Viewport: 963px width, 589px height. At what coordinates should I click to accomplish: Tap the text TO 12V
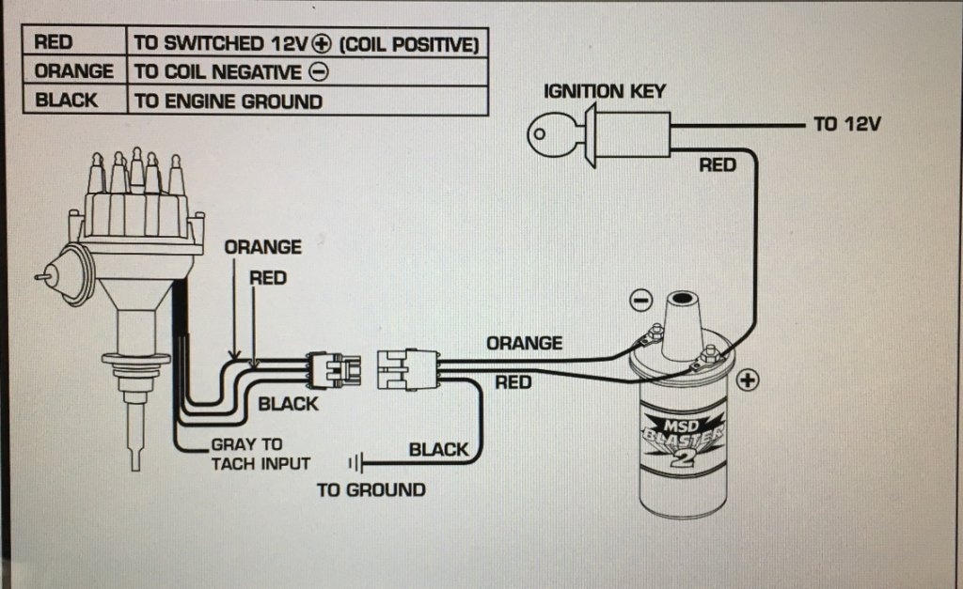[x=846, y=125]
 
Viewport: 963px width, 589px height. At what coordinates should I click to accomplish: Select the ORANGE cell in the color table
[x=73, y=71]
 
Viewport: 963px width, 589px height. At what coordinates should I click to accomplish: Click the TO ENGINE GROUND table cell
[x=229, y=101]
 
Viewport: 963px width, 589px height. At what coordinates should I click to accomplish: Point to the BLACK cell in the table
[x=66, y=101]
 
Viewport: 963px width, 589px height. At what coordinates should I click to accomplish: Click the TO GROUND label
[x=371, y=489]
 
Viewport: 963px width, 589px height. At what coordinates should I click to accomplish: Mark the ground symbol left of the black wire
[x=355, y=462]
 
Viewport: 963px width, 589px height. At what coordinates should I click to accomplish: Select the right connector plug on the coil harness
[x=406, y=368]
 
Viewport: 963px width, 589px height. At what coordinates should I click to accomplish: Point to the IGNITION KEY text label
[x=604, y=92]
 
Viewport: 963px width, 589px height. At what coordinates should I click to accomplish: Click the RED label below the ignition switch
[x=717, y=165]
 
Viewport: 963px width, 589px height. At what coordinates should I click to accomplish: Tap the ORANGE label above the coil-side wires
[x=524, y=343]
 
